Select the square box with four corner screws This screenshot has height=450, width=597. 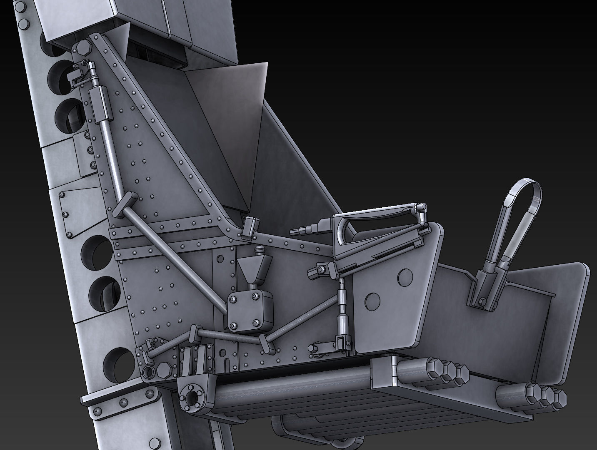point(250,311)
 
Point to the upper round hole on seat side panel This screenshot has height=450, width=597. point(404,277)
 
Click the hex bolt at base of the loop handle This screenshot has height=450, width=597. point(482,301)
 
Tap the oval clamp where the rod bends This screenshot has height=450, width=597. point(122,203)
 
